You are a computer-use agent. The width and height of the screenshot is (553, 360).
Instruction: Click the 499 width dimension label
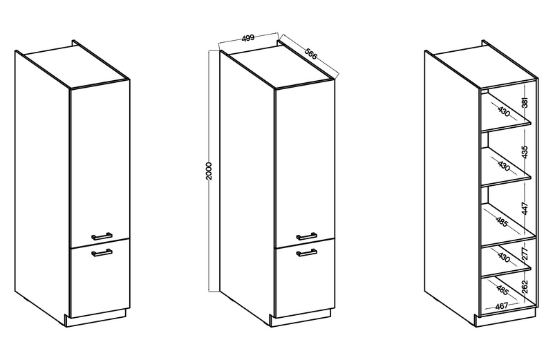pyautogui.click(x=248, y=38)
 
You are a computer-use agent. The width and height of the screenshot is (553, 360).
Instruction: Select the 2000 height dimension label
pyautogui.click(x=209, y=171)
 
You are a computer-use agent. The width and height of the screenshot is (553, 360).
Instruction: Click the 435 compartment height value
pyautogui.click(x=525, y=152)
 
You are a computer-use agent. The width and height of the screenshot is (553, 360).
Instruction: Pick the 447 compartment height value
pyautogui.click(x=525, y=209)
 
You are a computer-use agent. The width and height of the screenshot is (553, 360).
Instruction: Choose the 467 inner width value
pyautogui.click(x=501, y=305)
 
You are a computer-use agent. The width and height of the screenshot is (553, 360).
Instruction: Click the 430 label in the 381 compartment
pyautogui.click(x=504, y=111)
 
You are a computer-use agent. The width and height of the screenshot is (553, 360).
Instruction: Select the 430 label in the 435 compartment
pyautogui.click(x=504, y=166)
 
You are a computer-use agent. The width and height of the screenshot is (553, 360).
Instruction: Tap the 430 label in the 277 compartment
pyautogui.click(x=504, y=258)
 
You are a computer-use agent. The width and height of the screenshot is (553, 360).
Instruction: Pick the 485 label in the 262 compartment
pyautogui.click(x=503, y=290)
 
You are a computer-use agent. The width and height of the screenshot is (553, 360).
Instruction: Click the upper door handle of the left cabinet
pyautogui.click(x=102, y=236)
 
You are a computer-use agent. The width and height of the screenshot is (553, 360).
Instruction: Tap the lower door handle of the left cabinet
pyautogui.click(x=102, y=252)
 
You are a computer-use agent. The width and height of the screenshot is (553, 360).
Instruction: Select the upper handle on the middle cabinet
pyautogui.click(x=306, y=236)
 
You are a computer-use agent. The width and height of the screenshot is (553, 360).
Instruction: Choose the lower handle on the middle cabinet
pyautogui.click(x=306, y=252)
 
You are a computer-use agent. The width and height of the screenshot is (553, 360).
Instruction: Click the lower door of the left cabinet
pyautogui.click(x=100, y=278)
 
